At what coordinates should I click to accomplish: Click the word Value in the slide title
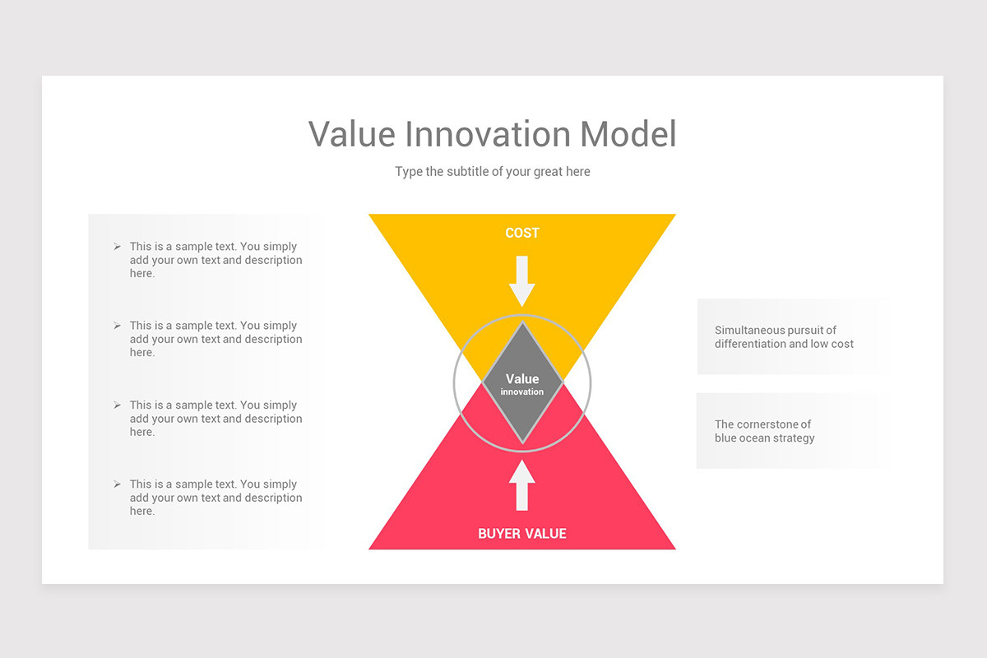click(x=353, y=135)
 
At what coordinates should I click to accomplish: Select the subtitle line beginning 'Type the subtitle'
click(x=492, y=172)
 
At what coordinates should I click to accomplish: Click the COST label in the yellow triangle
click(x=522, y=234)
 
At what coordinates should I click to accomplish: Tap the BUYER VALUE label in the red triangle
click(x=522, y=534)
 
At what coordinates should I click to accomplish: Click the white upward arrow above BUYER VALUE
click(x=522, y=484)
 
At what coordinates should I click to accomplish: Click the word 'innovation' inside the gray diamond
click(x=522, y=392)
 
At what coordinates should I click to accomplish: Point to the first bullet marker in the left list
click(x=117, y=247)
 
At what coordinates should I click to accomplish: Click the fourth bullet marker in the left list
click(x=117, y=484)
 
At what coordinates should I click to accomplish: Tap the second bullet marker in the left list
click(x=117, y=326)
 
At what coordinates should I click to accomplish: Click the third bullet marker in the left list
click(x=117, y=405)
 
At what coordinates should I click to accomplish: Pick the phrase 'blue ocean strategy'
click(x=765, y=438)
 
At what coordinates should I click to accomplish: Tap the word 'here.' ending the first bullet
click(x=142, y=274)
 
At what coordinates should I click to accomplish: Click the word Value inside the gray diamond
click(x=522, y=379)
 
